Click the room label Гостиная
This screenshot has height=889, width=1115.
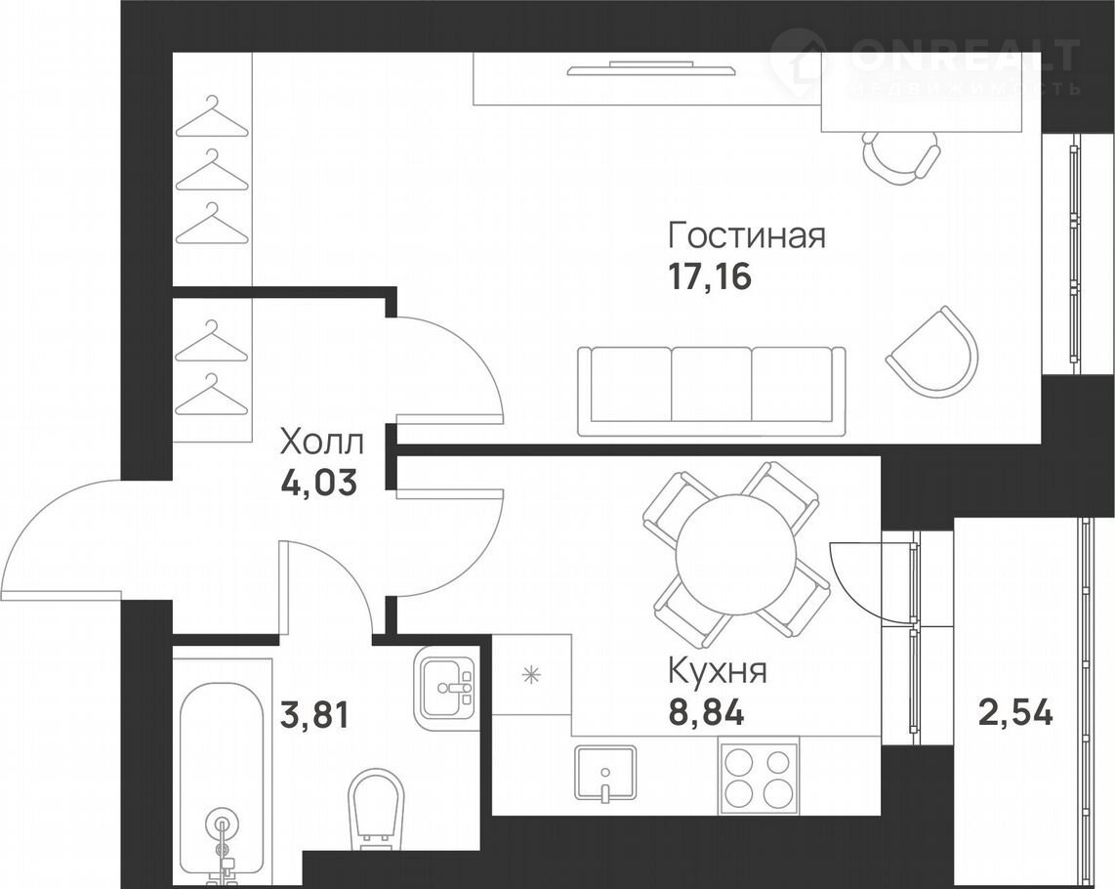[747, 235]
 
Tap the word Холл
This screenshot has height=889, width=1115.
[322, 442]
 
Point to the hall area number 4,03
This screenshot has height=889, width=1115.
[318, 484]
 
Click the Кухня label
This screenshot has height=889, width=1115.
[718, 670]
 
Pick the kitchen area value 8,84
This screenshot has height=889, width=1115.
[706, 712]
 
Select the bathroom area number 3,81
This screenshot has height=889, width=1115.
[315, 715]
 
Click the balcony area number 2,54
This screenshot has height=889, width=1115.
[1015, 712]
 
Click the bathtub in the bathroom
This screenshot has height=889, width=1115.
[223, 775]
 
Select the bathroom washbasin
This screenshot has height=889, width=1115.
[446, 688]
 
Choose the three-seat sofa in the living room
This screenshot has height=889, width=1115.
[712, 391]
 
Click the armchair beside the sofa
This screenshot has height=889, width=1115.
[932, 352]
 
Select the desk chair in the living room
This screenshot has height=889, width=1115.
[901, 159]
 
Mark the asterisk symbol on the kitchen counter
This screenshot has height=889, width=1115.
[530, 674]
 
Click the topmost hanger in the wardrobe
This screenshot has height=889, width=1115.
[212, 116]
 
